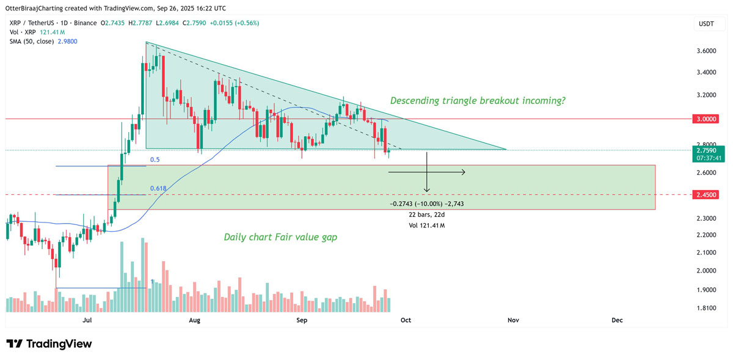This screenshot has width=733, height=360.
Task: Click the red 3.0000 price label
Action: click(x=707, y=120)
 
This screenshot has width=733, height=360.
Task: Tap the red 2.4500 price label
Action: click(x=707, y=195)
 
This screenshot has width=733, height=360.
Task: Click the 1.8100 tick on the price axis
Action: click(x=707, y=308)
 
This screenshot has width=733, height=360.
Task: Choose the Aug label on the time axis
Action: click(x=195, y=320)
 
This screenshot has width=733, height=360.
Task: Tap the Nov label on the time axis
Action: click(x=513, y=320)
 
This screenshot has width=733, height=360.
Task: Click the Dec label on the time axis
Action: click(x=617, y=320)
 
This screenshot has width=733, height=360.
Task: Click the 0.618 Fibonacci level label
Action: click(x=158, y=188)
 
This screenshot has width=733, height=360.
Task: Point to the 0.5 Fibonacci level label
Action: click(x=155, y=160)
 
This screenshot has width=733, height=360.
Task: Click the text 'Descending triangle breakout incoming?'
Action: click(x=478, y=100)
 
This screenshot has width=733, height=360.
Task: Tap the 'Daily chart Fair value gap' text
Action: click(x=280, y=237)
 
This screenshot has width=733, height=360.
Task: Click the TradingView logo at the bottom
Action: click(x=49, y=344)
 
